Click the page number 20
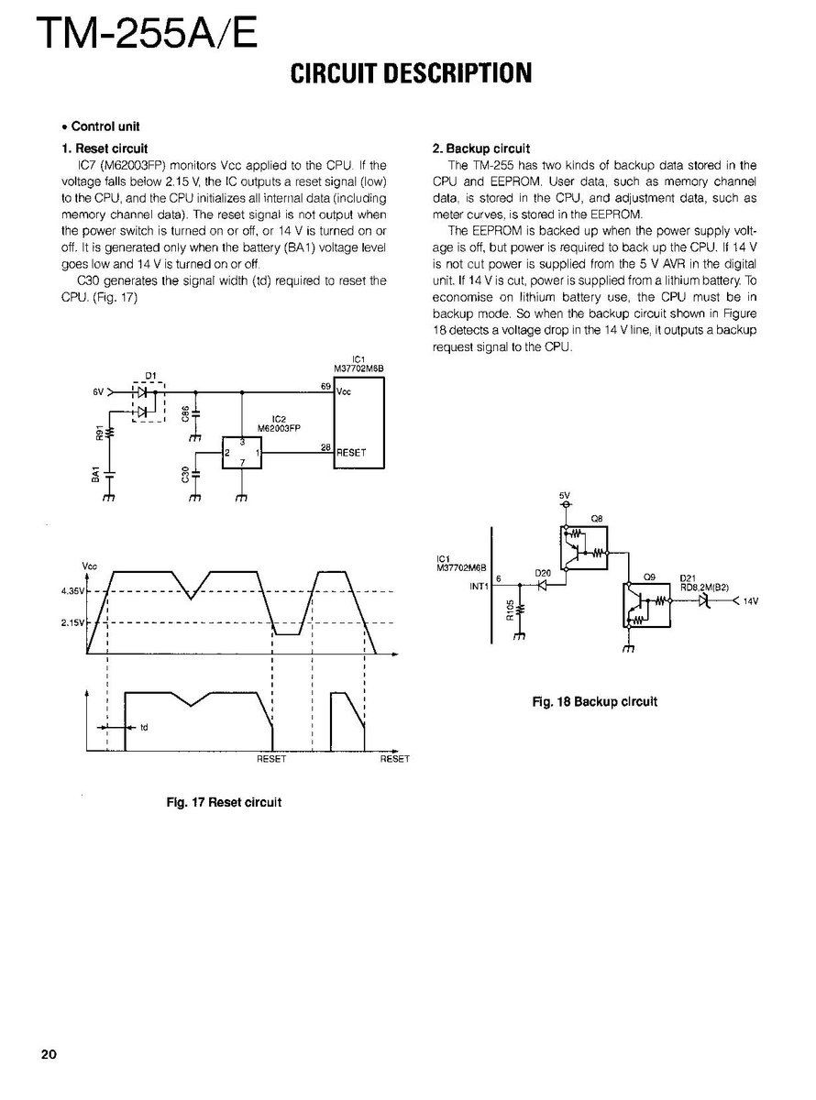tap(49, 1053)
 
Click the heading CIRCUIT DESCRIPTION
tap(411, 73)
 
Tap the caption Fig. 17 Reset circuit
tap(224, 802)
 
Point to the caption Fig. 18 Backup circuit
tap(595, 702)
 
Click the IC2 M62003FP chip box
tap(242, 453)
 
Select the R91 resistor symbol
tap(110, 432)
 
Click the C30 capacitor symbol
tap(194, 474)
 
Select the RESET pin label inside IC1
tap(351, 453)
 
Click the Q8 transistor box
tap(583, 547)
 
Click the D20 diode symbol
tap(542, 583)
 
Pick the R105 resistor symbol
tap(520, 609)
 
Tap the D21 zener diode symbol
tap(702, 601)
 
